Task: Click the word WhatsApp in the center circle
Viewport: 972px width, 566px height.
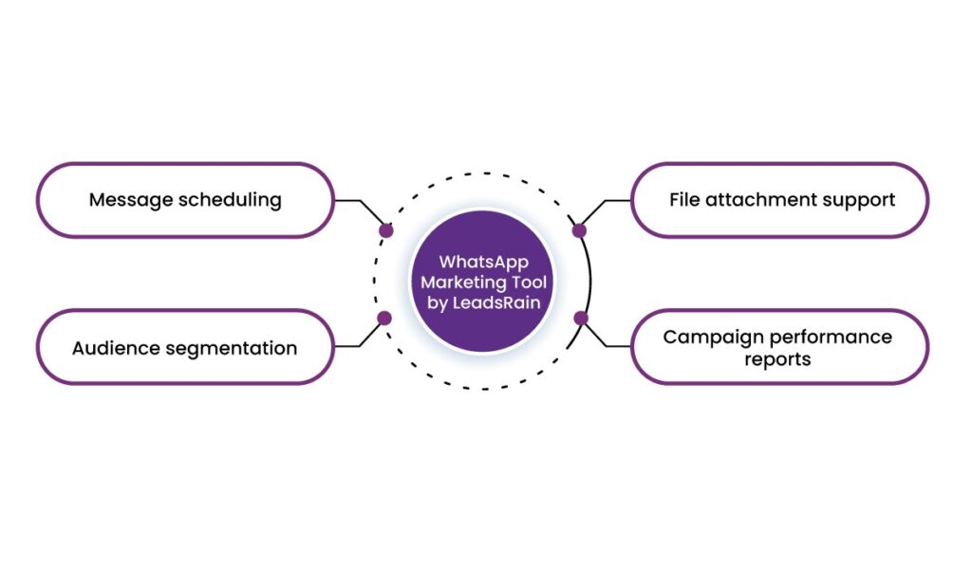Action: point(483,263)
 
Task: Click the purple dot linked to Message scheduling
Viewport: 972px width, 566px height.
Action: point(385,230)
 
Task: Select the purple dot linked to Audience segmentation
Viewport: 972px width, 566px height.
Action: point(384,319)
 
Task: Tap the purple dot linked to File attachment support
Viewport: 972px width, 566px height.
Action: point(579,230)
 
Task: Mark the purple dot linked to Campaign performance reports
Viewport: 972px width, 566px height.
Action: point(581,319)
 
